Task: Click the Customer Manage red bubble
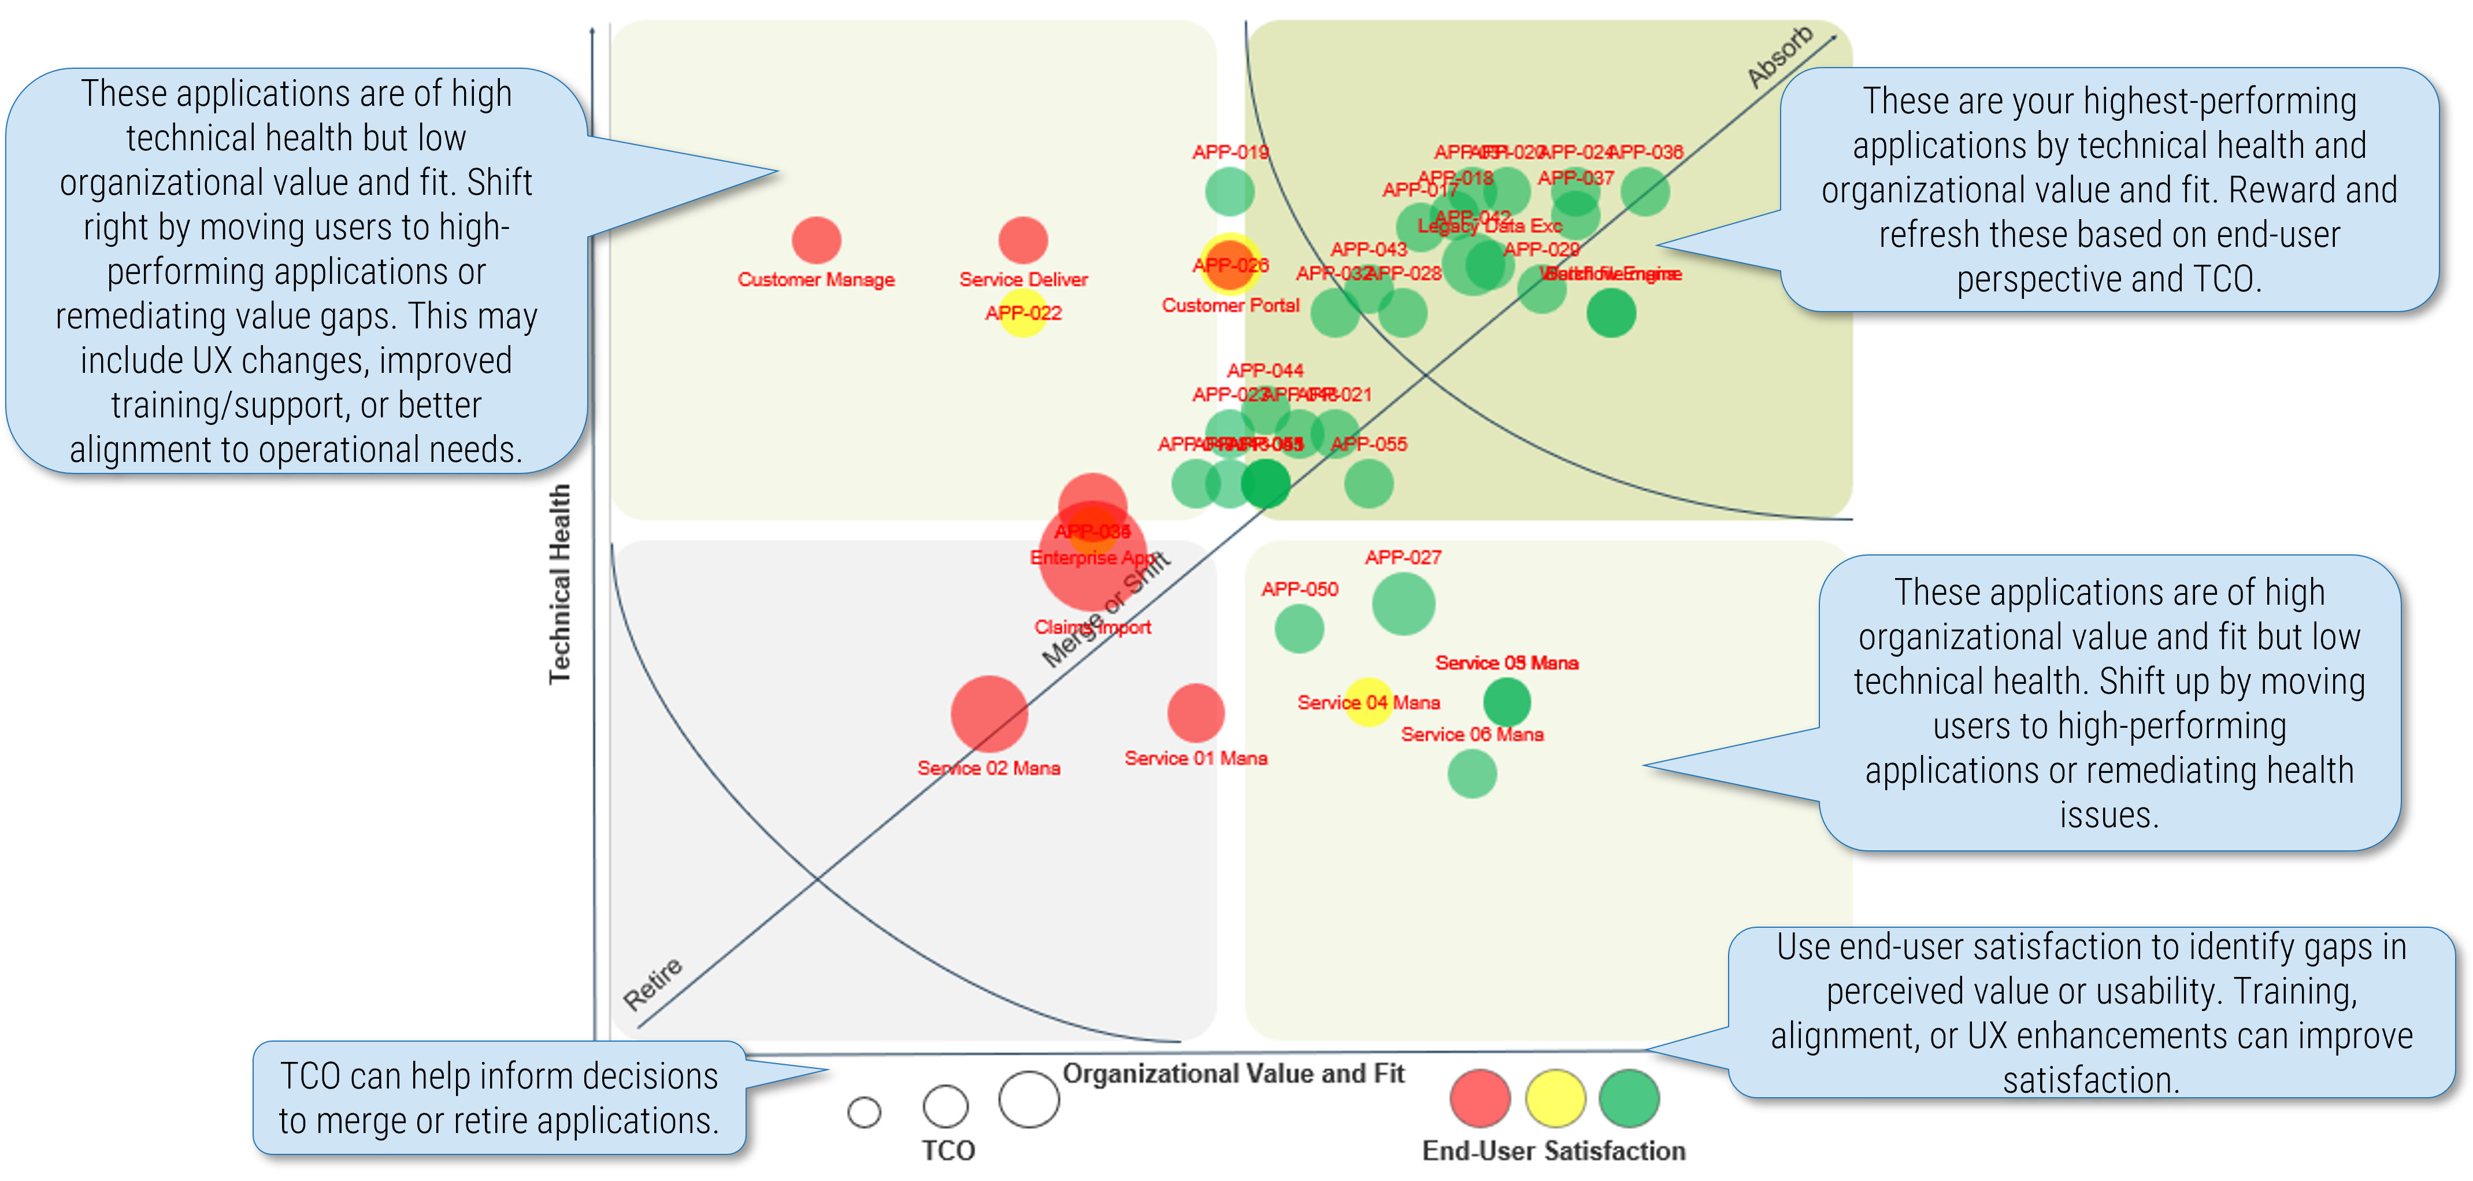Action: (816, 240)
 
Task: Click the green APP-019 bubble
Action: (1230, 191)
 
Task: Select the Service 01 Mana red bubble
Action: (1195, 712)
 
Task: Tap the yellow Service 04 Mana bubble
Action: (1368, 702)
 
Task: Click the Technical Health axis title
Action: (559, 584)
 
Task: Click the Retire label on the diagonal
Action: (653, 982)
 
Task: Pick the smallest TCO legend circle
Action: (864, 1112)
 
